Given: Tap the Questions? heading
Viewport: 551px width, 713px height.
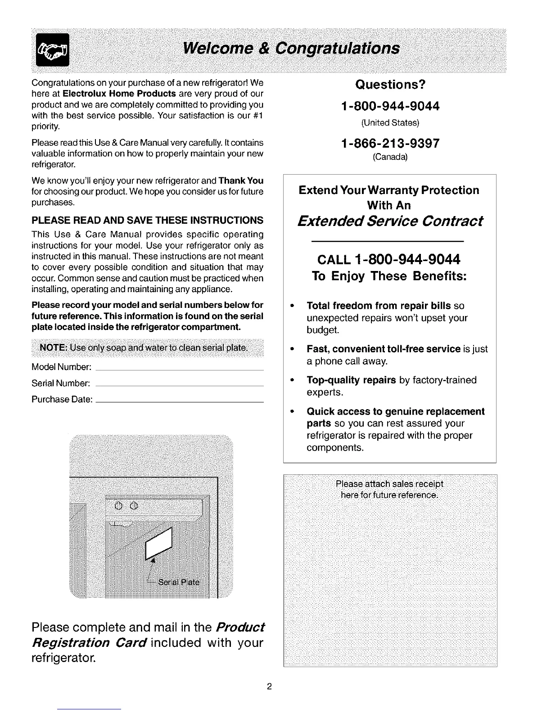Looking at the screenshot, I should coord(390,85).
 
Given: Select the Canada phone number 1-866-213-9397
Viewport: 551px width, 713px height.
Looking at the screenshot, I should coord(390,143).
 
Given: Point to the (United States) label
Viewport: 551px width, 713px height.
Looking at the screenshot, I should coord(390,122).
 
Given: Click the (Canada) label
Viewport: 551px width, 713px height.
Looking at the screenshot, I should coord(390,157).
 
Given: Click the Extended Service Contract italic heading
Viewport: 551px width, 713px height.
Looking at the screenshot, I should coord(390,221).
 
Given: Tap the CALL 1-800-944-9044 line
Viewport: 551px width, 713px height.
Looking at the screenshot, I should coord(389,260).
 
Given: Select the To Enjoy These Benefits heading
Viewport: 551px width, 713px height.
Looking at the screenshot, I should coord(389,276).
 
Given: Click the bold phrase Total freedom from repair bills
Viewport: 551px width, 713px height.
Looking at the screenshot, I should coord(379,306).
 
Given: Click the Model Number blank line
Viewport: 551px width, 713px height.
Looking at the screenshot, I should coord(180,369).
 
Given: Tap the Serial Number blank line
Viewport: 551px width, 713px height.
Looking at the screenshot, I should coord(180,385).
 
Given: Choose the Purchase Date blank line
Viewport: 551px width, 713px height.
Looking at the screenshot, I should coord(180,401).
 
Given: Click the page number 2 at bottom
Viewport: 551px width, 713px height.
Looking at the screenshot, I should coord(269,687).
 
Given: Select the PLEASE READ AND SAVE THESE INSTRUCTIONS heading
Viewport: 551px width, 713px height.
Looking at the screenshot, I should coord(147,220).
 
